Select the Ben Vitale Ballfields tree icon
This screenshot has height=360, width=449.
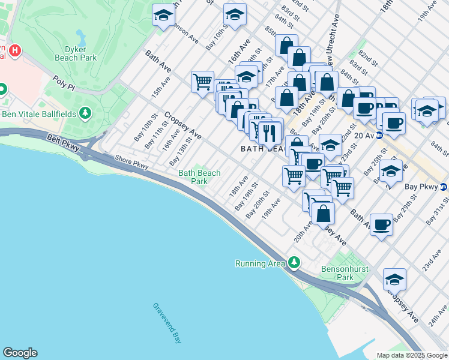pyautogui.click(x=86, y=112)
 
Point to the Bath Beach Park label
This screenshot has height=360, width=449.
pyautogui.click(x=199, y=177)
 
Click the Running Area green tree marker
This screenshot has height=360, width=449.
pyautogui.click(x=294, y=263)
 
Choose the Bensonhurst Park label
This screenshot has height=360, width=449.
pyautogui.click(x=345, y=273)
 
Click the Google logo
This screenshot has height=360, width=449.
pyautogui.click(x=20, y=353)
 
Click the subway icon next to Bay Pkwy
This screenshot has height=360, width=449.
pyautogui.click(x=443, y=187)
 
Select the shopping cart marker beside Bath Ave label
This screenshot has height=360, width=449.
pyautogui.click(x=202, y=81)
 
